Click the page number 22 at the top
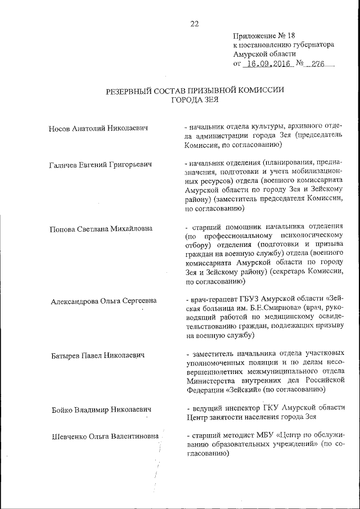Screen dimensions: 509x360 click(195, 24)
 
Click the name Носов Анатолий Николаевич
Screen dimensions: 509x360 click(98, 129)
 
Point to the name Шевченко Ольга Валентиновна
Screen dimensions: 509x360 click(105, 436)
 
